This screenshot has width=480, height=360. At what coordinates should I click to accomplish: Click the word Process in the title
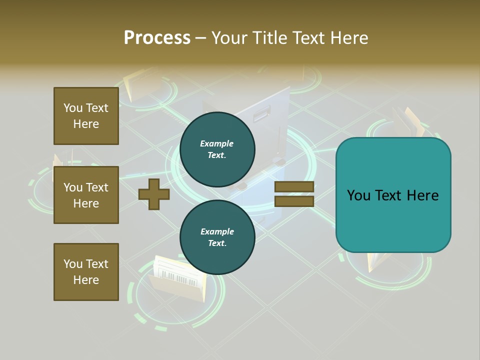tap(157, 38)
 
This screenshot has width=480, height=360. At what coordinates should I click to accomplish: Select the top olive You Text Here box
tap(86, 116)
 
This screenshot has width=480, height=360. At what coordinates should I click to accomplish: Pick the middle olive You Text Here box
tap(86, 195)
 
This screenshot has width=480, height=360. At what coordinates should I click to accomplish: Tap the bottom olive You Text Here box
tap(86, 272)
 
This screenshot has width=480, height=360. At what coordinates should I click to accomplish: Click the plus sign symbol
tap(154, 194)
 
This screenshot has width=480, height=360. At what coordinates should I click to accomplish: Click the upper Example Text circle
tap(217, 149)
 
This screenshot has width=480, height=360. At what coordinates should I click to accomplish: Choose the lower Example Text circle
tap(217, 237)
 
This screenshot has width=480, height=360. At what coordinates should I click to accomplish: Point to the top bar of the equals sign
tap(294, 187)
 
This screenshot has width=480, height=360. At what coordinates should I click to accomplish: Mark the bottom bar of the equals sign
tap(294, 201)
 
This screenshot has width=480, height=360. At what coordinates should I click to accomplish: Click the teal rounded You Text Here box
tap(393, 195)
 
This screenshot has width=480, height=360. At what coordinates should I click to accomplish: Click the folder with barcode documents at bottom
tap(177, 280)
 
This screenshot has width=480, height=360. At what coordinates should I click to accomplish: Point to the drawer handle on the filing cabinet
tap(262, 116)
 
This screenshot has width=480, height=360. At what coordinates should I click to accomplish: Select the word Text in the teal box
tap(392, 195)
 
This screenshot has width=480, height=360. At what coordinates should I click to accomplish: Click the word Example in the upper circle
tap(217, 143)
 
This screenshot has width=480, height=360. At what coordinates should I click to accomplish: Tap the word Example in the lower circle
tap(217, 231)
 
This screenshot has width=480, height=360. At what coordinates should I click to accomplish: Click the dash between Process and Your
tap(200, 38)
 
